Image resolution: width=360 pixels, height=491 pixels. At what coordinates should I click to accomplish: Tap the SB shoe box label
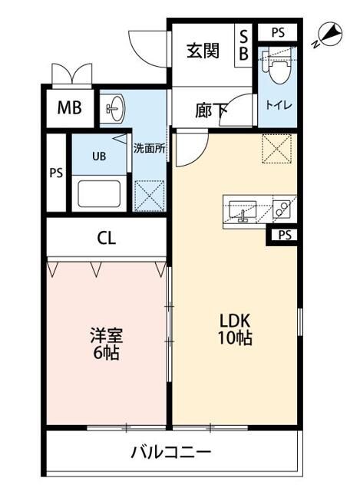pyautogui.click(x=244, y=44)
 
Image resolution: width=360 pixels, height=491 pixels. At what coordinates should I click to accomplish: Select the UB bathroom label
pyautogui.click(x=99, y=156)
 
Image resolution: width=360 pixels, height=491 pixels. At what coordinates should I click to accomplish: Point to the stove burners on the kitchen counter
pyautogui.click(x=279, y=208)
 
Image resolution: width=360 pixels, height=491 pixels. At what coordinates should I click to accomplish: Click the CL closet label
pyautogui.click(x=107, y=238)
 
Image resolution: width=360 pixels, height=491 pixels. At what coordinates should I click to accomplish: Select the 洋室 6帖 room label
pyautogui.click(x=107, y=344)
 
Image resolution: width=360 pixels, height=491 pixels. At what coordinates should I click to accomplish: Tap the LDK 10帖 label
pyautogui.click(x=233, y=329)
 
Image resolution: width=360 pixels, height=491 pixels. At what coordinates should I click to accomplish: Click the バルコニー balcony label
pyautogui.click(x=170, y=452)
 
